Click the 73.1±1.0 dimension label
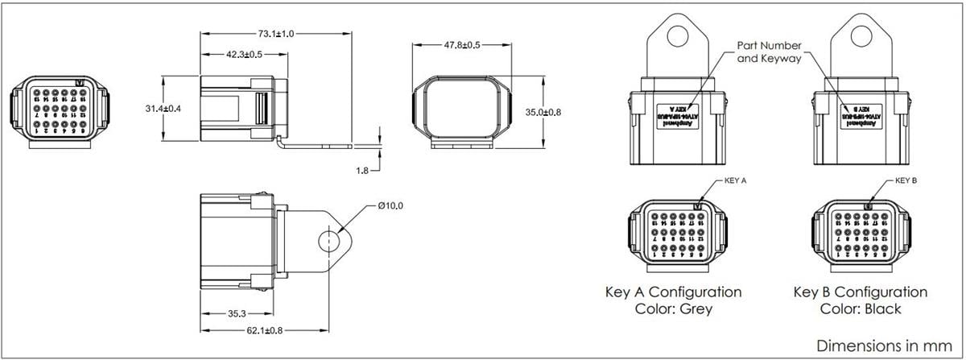(276, 34)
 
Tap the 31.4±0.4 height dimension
(170, 108)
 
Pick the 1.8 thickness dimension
(363, 170)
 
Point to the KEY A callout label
(737, 181)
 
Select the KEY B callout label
(906, 181)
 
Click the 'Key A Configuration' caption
(673, 292)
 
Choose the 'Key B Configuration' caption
(860, 292)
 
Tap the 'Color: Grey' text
(673, 308)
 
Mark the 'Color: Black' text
(860, 308)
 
